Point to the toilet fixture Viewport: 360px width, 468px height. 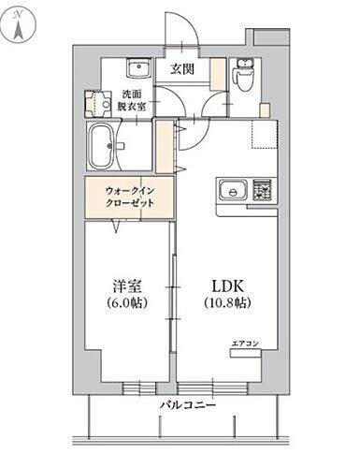tap(245, 77)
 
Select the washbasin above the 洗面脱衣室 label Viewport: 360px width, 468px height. tap(139, 69)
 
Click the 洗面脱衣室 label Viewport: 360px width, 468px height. tap(133, 101)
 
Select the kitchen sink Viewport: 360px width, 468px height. tap(230, 191)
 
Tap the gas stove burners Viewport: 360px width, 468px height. tap(260, 191)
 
